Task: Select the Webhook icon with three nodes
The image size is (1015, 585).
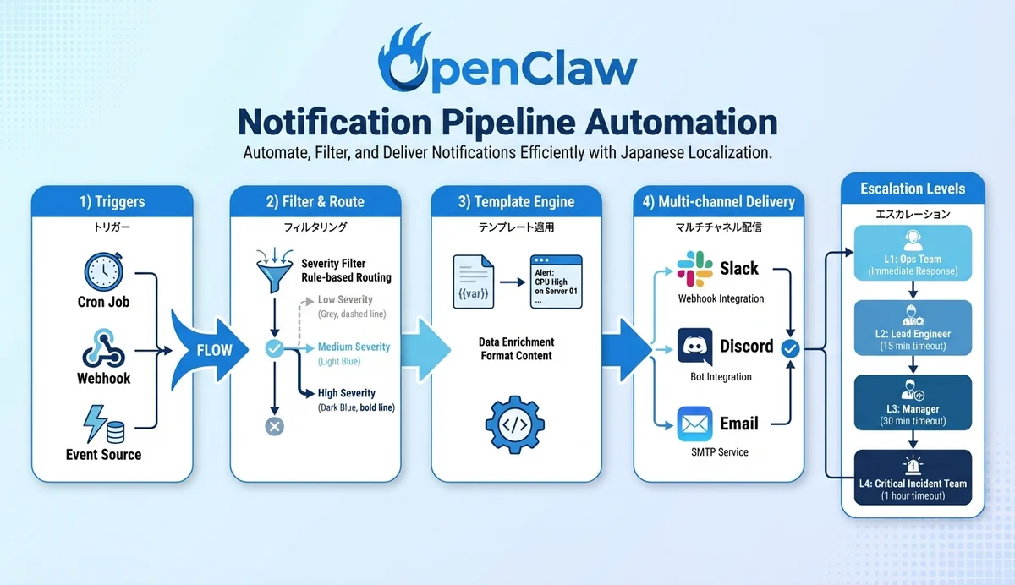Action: [x=104, y=347]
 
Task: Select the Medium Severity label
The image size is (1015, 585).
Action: [x=354, y=347]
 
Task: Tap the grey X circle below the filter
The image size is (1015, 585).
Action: [x=274, y=426]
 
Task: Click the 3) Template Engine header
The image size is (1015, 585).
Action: [x=516, y=202]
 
